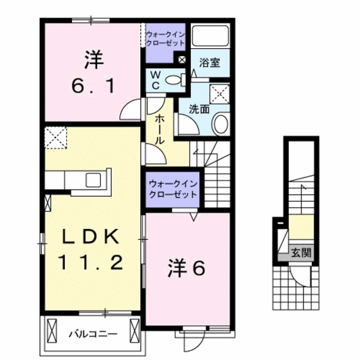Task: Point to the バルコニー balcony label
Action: click(93, 334)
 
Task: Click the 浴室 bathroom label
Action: click(210, 63)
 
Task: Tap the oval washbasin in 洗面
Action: click(220, 123)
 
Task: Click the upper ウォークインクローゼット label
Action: click(165, 37)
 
